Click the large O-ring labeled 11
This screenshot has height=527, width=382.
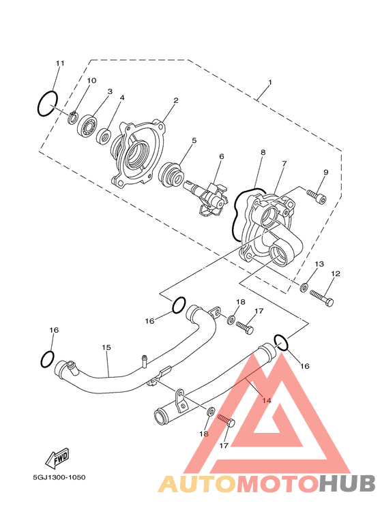tap(39, 104)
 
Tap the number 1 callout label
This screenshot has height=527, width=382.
tap(270, 82)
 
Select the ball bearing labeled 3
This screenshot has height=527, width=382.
tap(87, 125)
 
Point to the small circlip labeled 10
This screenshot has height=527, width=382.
tap(72, 117)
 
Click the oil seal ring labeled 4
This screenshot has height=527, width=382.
tap(104, 136)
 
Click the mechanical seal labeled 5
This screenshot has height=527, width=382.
tap(171, 175)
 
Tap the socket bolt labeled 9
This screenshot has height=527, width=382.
tap(317, 197)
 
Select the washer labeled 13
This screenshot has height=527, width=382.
tap(304, 287)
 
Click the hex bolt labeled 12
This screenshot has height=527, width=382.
tap(322, 298)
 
